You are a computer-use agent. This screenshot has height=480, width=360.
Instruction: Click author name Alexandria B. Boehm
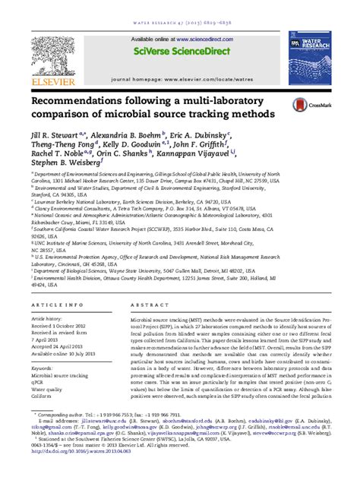pos(118,131)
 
